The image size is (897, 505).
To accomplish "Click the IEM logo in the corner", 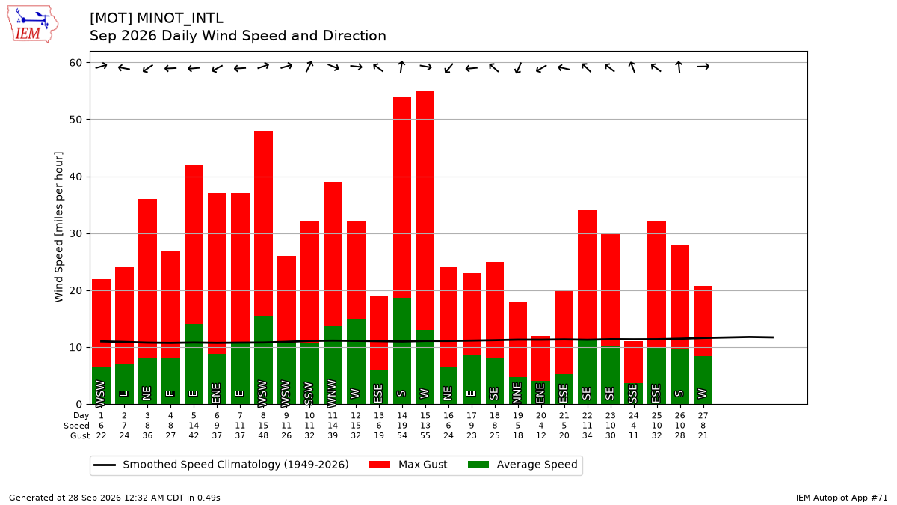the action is (x=33, y=25).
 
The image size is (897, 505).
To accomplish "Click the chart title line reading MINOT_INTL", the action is (x=156, y=19).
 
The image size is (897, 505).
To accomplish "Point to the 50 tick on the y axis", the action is (x=75, y=120).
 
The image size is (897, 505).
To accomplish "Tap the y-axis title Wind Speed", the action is (x=59, y=227).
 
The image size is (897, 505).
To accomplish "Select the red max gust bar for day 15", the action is (x=425, y=210).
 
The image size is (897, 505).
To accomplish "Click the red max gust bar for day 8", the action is (x=263, y=223).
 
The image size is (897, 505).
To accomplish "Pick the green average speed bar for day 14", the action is (x=402, y=351).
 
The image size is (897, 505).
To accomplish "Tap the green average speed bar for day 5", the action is (x=194, y=364).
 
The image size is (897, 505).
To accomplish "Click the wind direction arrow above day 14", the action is (x=401, y=67).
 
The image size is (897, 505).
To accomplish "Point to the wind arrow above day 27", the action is (x=703, y=67).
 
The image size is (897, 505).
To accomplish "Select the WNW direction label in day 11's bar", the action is (x=333, y=394).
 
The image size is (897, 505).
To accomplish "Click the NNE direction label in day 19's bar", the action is (x=517, y=394).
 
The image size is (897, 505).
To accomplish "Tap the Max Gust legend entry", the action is (x=408, y=465).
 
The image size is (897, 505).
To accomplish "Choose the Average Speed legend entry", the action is (x=523, y=465).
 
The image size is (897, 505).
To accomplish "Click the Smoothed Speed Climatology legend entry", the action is (x=221, y=465).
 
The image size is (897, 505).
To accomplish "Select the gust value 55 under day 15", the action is (x=425, y=435).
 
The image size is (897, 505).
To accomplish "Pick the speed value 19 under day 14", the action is (x=402, y=426).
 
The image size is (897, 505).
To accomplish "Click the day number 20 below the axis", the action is (x=541, y=416).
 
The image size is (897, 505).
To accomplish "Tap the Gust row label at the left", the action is (x=80, y=435).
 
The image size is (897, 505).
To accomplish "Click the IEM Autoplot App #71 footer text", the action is (x=842, y=498).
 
